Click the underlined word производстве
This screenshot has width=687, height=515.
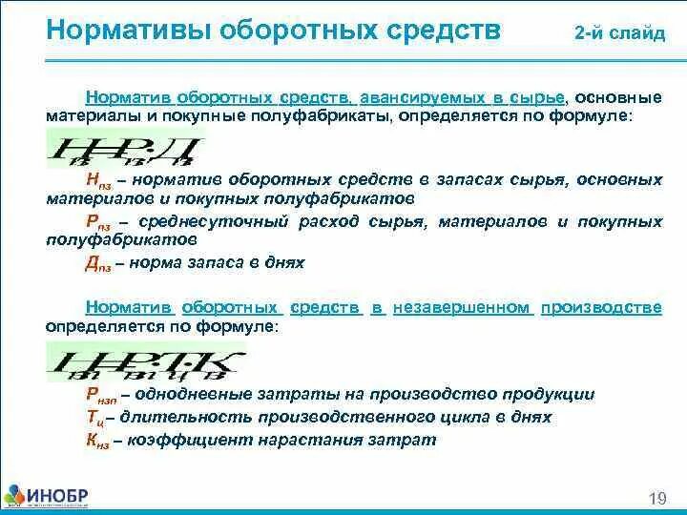pos(602,307)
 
